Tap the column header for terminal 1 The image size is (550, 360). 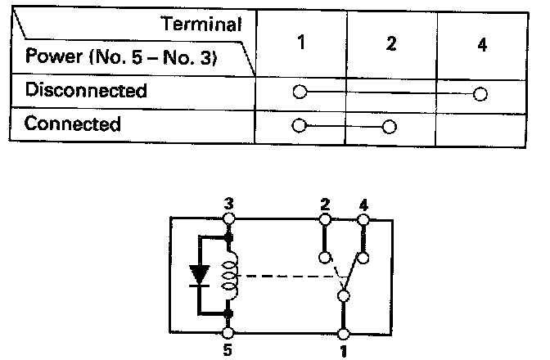click(x=301, y=43)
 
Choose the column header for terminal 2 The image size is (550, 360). click(x=390, y=43)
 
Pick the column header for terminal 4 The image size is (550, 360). click(x=481, y=43)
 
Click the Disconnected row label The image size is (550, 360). click(x=86, y=90)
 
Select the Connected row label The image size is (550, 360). click(x=73, y=124)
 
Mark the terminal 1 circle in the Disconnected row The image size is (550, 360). click(x=300, y=92)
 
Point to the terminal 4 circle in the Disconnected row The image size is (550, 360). click(x=480, y=94)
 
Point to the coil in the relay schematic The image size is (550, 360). click(x=229, y=274)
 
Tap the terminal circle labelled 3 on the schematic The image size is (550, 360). click(x=229, y=219)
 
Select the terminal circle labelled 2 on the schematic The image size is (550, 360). click(x=325, y=219)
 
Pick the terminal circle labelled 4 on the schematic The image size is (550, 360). click(x=363, y=219)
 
